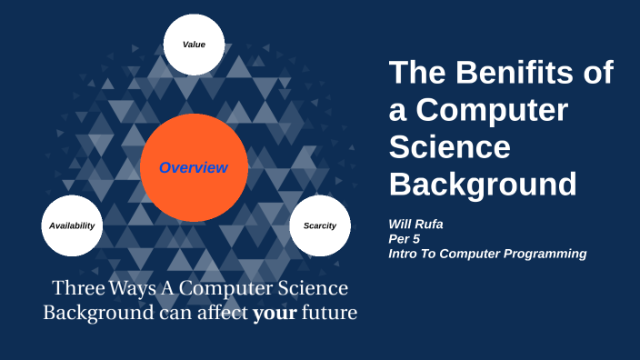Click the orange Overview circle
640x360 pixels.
(193, 168)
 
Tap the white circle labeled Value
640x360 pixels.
(193, 45)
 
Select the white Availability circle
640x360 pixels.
(72, 225)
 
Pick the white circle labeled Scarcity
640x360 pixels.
(320, 225)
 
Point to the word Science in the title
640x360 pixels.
(450, 146)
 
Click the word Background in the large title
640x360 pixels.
(483, 184)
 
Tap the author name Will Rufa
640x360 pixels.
(417, 222)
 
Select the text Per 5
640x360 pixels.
(405, 238)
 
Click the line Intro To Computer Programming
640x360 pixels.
(487, 254)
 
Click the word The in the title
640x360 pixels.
(418, 73)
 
